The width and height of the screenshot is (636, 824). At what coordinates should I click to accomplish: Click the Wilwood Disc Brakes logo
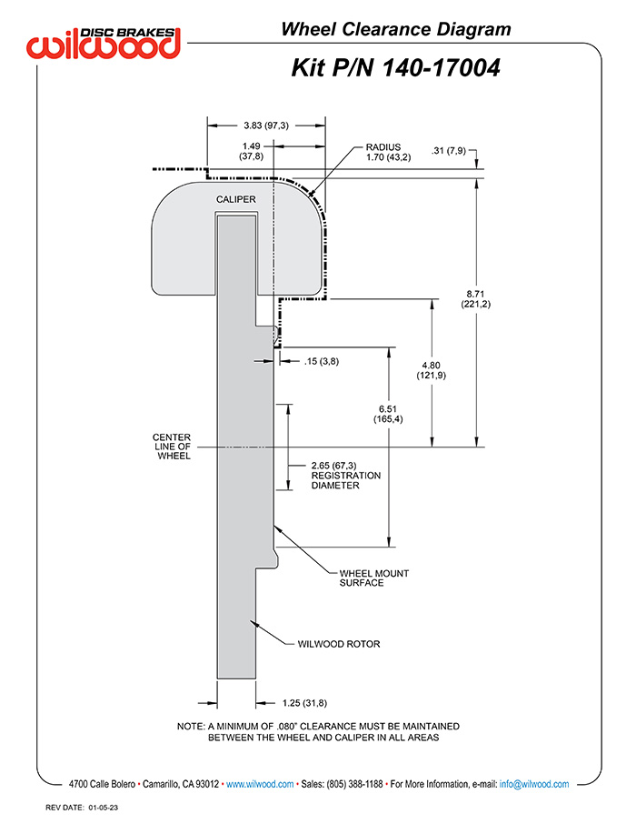tap(104, 43)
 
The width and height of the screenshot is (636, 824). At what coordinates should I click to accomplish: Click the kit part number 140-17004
tap(441, 68)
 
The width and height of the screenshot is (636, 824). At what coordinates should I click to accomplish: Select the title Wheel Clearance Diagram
tap(396, 29)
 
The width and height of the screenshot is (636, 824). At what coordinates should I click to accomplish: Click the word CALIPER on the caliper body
tap(236, 200)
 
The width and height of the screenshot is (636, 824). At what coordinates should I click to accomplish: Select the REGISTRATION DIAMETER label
tap(346, 480)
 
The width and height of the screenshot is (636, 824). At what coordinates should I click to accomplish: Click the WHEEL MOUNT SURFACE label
tap(374, 578)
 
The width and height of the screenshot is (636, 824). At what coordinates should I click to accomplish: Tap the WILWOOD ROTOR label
tap(339, 644)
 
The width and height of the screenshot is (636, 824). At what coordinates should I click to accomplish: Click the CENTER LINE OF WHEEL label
tap(172, 447)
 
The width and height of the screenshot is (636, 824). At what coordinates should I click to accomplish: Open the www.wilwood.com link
tap(260, 784)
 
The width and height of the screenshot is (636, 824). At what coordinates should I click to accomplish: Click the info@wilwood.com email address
tap(534, 784)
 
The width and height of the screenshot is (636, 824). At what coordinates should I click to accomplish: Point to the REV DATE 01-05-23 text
tap(82, 808)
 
